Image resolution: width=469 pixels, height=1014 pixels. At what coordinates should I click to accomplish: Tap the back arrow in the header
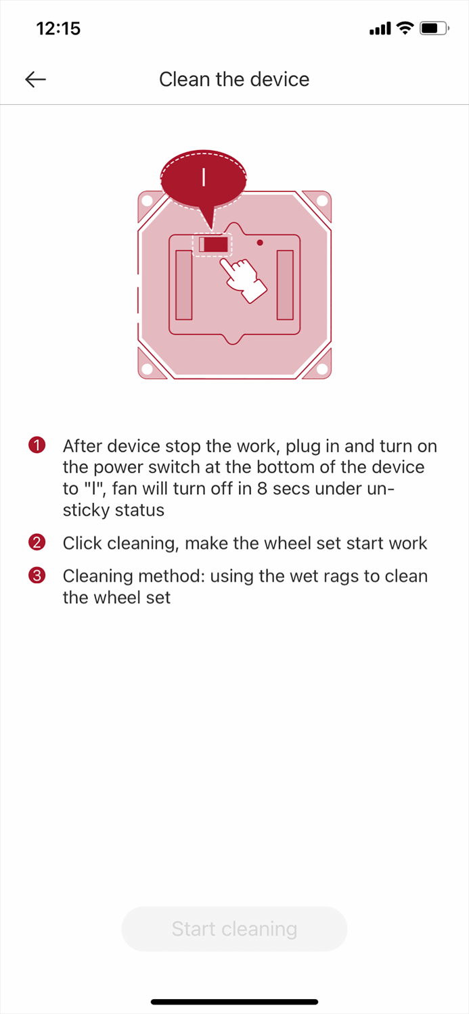click(35, 79)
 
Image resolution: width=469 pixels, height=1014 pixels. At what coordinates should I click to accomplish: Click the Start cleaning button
click(234, 928)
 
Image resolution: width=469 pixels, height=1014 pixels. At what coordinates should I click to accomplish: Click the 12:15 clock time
click(58, 28)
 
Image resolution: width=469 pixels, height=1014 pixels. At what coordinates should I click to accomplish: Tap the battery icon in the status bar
click(434, 28)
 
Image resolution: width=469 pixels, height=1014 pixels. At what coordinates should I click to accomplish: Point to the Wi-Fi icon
click(405, 28)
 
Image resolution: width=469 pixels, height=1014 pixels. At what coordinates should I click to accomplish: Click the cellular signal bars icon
click(380, 29)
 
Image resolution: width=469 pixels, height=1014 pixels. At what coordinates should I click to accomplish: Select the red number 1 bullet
click(37, 445)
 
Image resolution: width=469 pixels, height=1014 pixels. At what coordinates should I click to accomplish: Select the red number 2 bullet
click(37, 542)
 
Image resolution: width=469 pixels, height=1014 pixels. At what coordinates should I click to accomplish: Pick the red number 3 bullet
click(37, 575)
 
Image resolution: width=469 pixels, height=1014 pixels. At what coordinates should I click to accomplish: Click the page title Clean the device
click(234, 79)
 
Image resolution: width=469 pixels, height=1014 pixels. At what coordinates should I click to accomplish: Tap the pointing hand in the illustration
click(244, 279)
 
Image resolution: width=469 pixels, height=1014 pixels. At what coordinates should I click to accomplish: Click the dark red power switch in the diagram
click(216, 245)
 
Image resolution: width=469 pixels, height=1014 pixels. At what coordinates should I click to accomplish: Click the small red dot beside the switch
click(260, 243)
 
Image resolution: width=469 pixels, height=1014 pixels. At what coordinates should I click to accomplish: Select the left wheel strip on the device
click(183, 285)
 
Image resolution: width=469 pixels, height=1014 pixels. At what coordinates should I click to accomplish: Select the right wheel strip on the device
click(285, 285)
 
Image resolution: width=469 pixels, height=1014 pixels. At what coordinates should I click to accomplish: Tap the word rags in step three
click(341, 577)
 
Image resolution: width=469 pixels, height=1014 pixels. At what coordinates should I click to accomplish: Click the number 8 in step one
click(262, 489)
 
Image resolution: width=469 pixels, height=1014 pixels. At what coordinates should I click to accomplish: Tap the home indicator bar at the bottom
click(234, 1002)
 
